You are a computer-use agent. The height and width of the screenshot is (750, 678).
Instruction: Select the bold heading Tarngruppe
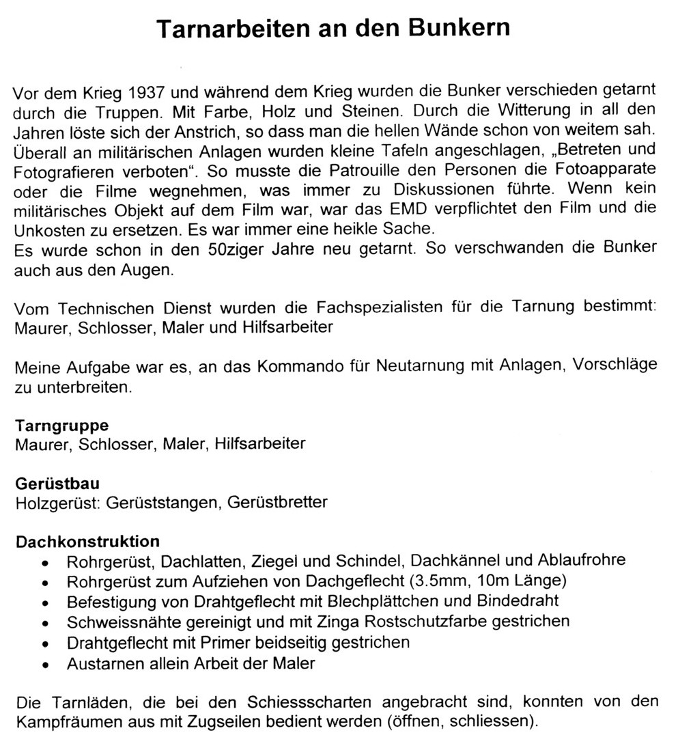tap(62, 426)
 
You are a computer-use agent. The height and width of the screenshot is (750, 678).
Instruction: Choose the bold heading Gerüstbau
tap(57, 484)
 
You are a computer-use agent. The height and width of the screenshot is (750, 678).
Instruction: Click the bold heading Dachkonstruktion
tap(87, 542)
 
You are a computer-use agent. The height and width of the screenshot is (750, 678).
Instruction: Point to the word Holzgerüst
tap(53, 503)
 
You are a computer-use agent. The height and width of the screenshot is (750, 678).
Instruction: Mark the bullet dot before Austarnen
tap(45, 664)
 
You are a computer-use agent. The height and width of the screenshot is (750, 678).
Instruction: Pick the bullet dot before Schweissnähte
tap(45, 623)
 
